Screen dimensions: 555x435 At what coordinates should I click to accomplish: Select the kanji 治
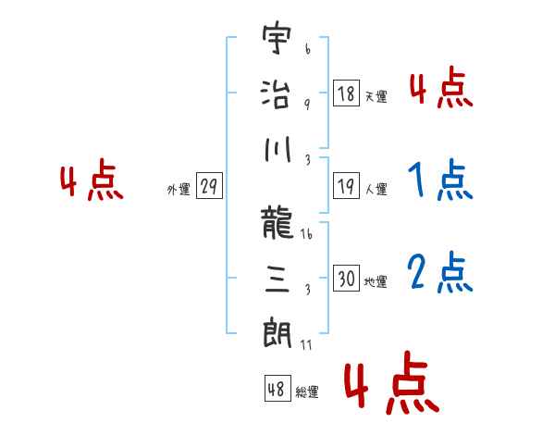(x=276, y=93)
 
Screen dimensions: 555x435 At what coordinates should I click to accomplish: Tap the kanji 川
(x=277, y=149)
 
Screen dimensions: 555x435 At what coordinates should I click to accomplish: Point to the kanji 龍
(x=277, y=222)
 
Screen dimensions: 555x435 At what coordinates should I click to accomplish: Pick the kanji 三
(x=277, y=280)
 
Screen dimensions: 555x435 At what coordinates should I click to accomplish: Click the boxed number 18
(x=346, y=93)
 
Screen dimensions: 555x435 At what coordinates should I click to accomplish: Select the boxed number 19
(x=346, y=186)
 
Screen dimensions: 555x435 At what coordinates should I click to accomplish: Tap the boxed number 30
(x=346, y=278)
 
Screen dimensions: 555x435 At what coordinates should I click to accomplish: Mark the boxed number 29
(x=209, y=186)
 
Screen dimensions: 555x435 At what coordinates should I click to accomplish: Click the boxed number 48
(x=277, y=388)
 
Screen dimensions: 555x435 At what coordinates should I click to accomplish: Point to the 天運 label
(x=376, y=96)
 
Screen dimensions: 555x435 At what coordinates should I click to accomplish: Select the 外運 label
(x=179, y=189)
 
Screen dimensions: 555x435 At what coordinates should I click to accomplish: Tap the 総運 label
(x=307, y=391)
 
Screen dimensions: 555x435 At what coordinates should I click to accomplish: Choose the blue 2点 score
(x=440, y=272)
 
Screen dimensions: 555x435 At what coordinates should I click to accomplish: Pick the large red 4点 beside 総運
(x=392, y=382)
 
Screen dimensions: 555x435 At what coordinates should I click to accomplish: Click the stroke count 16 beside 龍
(x=307, y=234)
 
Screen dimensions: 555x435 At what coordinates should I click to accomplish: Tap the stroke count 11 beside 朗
(x=306, y=344)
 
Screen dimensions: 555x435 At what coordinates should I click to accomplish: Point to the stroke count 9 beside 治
(x=307, y=105)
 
